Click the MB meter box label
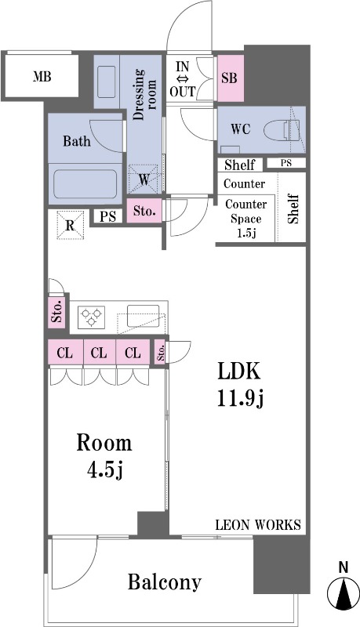(42, 76)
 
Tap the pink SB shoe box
(231, 78)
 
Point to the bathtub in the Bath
(85, 184)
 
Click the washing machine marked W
(144, 179)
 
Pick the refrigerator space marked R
(71, 225)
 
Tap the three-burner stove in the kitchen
(92, 317)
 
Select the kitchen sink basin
(143, 316)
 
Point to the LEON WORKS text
(258, 524)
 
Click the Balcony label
(165, 582)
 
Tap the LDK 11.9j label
(239, 385)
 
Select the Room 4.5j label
(104, 456)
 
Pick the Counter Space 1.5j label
(246, 219)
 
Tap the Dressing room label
(144, 95)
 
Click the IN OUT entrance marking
(183, 79)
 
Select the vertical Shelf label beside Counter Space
(293, 208)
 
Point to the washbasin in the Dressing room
(107, 82)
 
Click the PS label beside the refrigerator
(107, 216)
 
